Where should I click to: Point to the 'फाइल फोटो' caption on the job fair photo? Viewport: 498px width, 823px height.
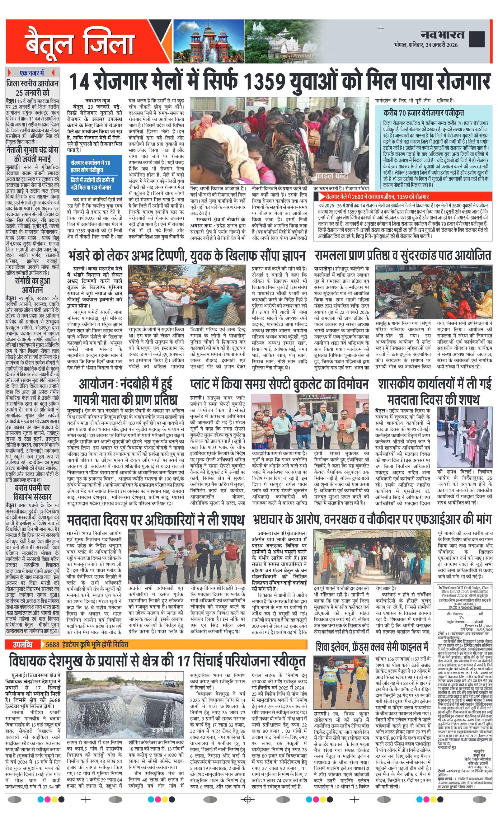(x=332, y=175)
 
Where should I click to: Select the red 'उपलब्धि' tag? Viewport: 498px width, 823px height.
(x=23, y=411)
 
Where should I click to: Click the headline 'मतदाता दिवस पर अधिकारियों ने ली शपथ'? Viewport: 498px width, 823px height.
(x=155, y=520)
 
